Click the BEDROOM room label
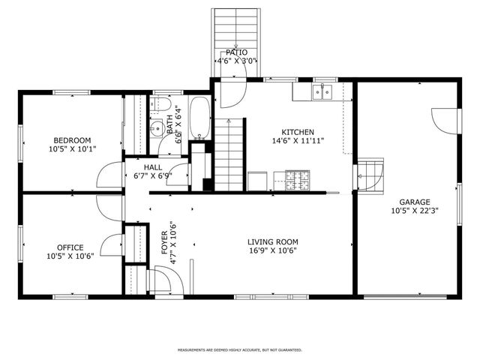(72, 140)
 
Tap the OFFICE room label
(70, 247)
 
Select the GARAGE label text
(414, 202)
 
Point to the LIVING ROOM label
(273, 242)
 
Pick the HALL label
(153, 168)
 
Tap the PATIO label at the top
(237, 53)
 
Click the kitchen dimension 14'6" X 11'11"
(297, 140)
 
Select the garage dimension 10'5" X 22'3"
(414, 211)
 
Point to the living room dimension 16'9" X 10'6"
(273, 251)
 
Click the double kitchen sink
(323, 91)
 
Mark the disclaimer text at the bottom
(239, 349)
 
